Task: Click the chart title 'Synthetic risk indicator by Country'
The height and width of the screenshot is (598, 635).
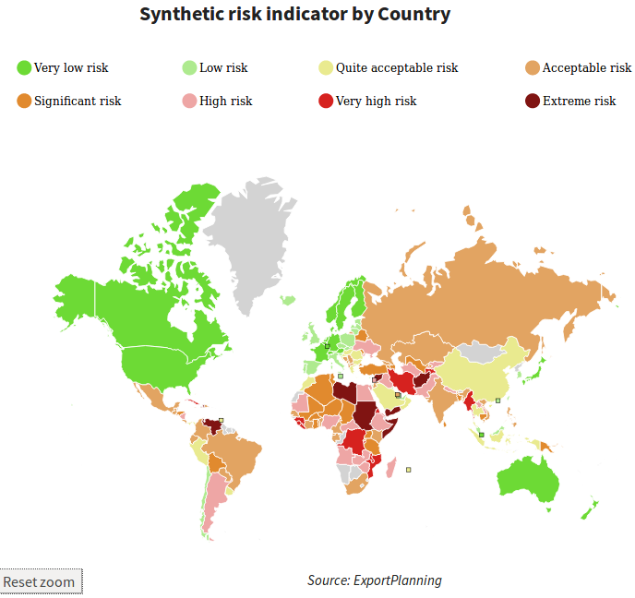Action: [x=295, y=15]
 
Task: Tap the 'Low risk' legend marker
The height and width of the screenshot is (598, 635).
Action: [x=189, y=67]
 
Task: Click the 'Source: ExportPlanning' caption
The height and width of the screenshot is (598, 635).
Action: [x=374, y=580]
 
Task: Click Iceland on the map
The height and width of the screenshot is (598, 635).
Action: [x=288, y=300]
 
